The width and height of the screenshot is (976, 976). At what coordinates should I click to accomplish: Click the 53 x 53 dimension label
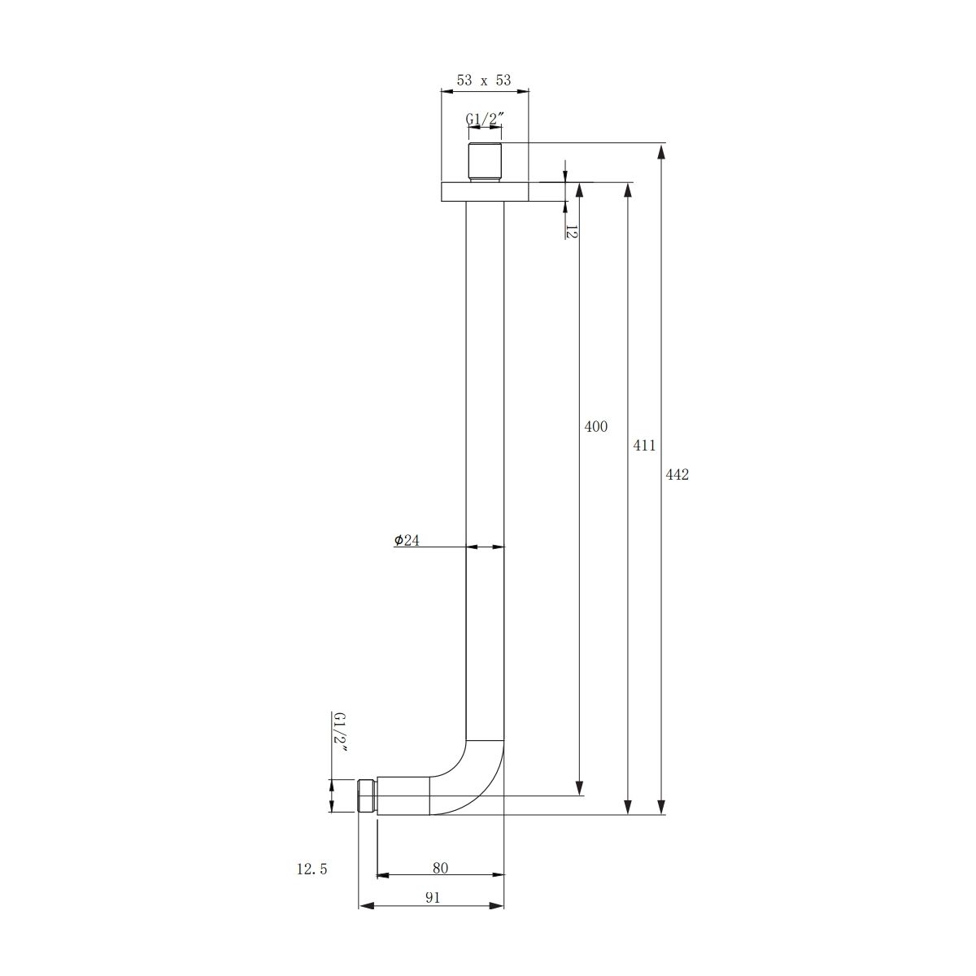484,81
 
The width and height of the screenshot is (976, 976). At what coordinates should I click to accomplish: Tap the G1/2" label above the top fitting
485,120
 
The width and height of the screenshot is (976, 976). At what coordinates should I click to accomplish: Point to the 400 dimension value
595,427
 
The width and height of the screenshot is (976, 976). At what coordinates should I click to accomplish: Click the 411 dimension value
644,446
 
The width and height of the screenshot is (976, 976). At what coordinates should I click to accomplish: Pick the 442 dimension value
678,475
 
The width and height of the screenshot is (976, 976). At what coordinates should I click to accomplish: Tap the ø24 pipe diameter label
407,540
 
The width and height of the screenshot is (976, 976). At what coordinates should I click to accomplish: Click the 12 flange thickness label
571,232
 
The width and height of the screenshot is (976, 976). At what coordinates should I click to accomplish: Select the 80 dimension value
440,868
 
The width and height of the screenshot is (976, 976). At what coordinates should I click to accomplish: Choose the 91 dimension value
433,898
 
